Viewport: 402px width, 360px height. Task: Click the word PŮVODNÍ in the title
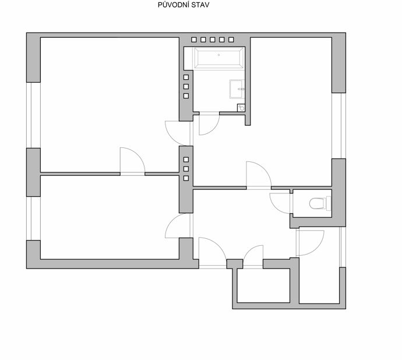click(174, 5)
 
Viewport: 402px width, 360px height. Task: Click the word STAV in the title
click(200, 5)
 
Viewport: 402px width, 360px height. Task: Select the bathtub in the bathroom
click(218, 58)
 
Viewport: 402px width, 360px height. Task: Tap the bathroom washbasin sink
click(237, 89)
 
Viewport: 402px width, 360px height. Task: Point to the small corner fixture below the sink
click(241, 108)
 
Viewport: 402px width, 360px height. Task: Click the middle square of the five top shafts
click(213, 40)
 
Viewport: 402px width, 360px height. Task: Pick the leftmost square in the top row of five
click(194, 40)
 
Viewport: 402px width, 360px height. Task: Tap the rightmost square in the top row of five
click(231, 40)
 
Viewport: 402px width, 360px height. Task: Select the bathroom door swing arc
click(214, 129)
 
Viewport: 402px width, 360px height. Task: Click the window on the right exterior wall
click(338, 126)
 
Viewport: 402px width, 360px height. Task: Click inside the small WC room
click(312, 203)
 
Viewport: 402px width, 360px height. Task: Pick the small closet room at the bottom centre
click(263, 285)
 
